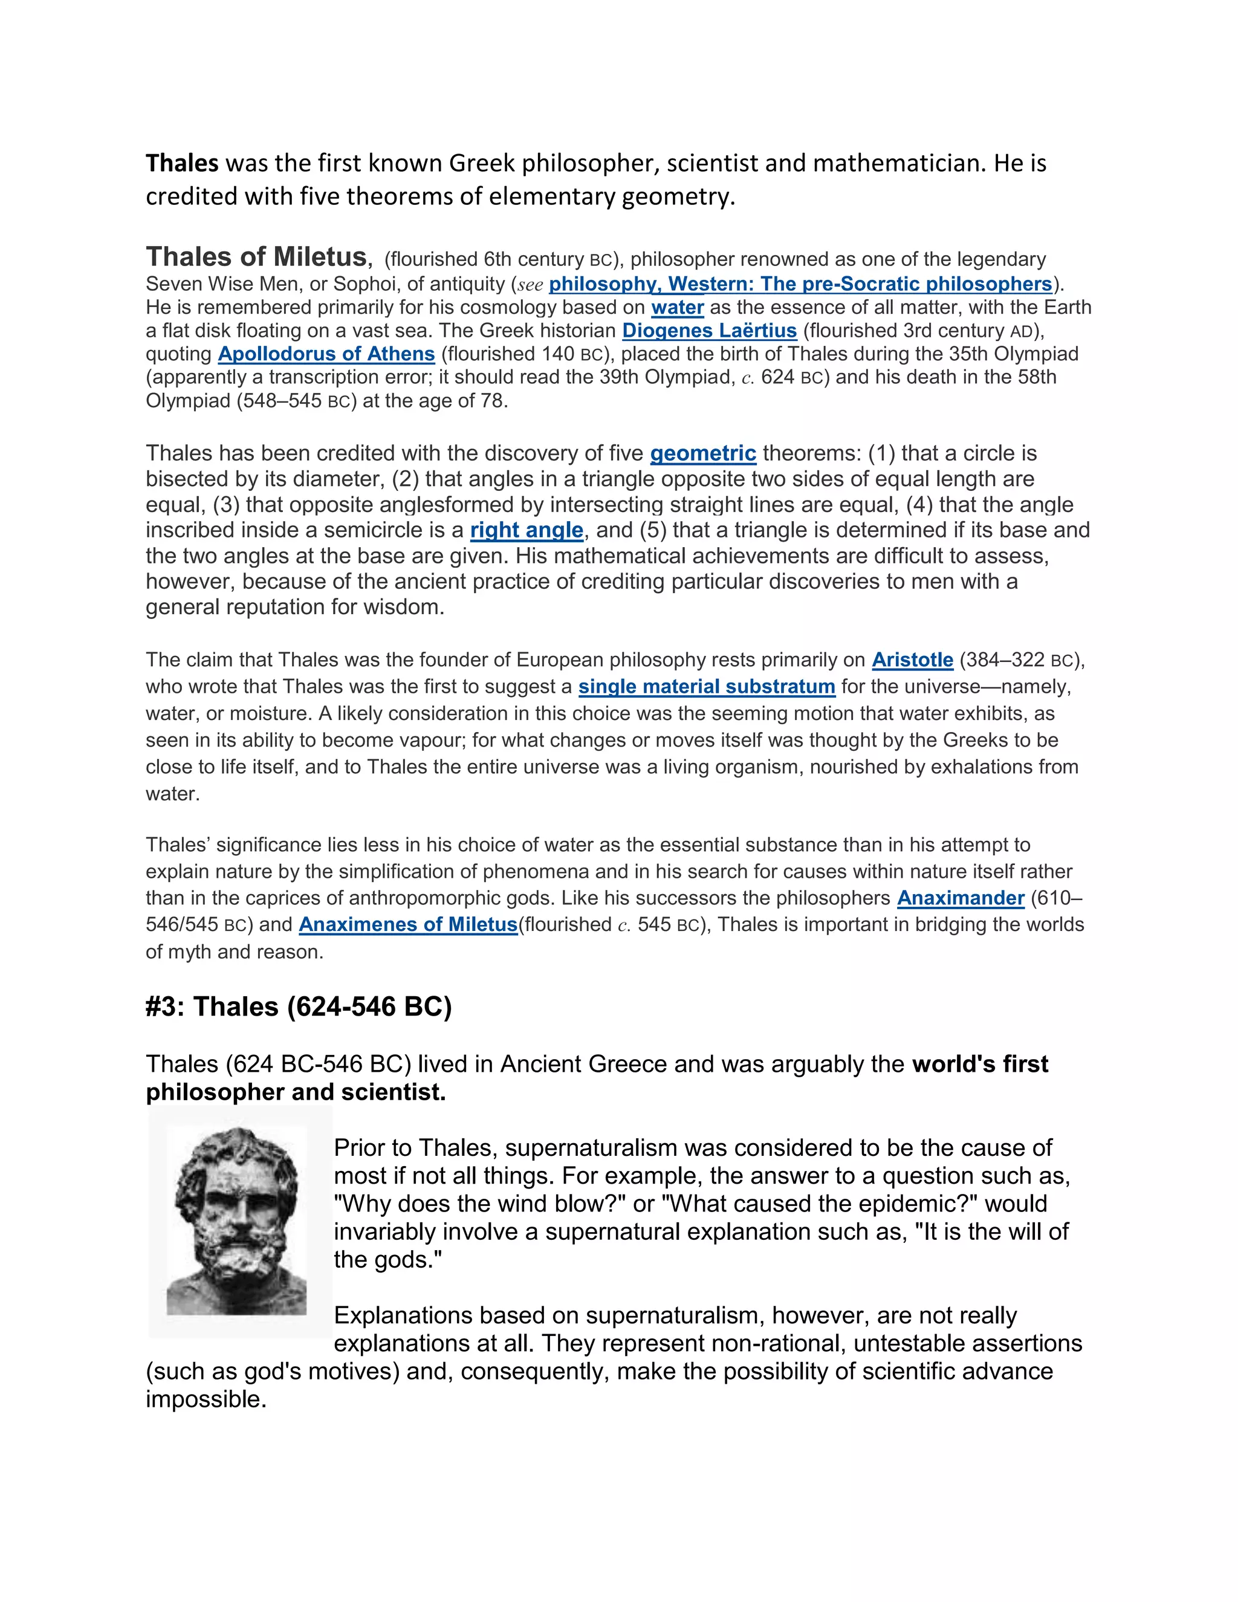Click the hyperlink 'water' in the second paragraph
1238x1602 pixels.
677,307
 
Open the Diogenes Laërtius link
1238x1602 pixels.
709,331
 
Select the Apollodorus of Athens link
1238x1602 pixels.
326,354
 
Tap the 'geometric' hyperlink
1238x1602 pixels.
702,453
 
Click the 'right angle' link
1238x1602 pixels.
527,530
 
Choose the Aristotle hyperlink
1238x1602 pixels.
912,660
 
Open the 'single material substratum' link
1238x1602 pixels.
706,687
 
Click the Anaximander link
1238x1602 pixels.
960,898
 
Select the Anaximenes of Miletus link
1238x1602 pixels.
408,925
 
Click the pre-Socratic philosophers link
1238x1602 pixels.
800,284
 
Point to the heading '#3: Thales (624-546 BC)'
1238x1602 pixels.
299,1007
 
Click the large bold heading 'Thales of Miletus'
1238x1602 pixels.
256,257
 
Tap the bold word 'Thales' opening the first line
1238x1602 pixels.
182,163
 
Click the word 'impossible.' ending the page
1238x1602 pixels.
206,1399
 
